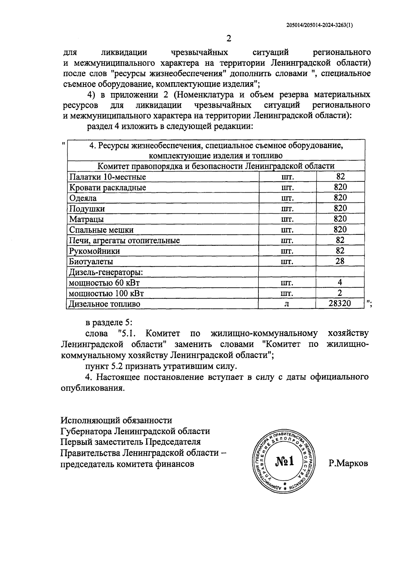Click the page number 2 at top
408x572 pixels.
[228, 38]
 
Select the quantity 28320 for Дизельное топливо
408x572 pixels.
[340, 303]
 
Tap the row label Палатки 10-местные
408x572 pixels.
[107, 177]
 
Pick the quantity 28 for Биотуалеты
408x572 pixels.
[340, 261]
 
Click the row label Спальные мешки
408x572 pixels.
[101, 230]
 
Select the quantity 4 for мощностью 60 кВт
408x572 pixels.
[340, 282]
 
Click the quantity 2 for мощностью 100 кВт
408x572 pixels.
[340, 293]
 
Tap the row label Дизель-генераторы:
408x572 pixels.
[106, 272]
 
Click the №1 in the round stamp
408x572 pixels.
[285, 462]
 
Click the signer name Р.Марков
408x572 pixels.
[348, 464]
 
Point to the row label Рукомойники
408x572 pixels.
[94, 251]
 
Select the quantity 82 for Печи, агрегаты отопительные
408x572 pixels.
[340, 240]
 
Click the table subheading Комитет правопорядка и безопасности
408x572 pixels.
[216, 166]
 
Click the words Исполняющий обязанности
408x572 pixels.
[116, 421]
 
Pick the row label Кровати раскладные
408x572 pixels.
[107, 187]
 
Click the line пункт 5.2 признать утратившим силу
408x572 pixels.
[160, 367]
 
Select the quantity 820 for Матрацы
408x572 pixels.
[340, 219]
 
